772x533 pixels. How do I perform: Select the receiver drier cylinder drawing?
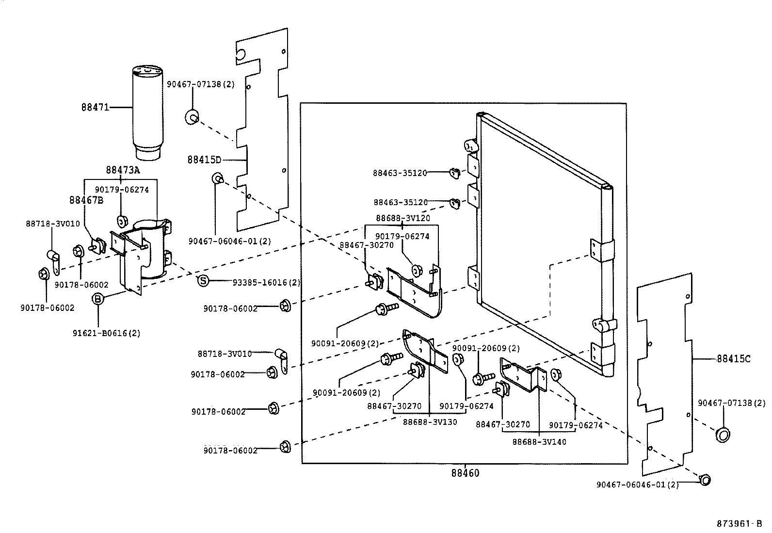146,112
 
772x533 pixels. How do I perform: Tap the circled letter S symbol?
203,281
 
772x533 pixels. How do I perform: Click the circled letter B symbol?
98,299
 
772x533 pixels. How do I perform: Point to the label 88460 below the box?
465,473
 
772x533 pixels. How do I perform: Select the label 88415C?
733,359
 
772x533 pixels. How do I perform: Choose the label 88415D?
204,160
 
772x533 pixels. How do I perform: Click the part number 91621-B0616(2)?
107,334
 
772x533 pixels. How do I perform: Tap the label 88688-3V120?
402,218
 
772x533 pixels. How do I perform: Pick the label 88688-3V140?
539,442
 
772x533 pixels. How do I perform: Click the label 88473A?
123,170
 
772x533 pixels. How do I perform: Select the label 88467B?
86,200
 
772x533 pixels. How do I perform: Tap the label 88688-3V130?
430,422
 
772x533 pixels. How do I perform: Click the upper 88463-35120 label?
400,173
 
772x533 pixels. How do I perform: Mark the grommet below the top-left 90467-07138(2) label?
192,117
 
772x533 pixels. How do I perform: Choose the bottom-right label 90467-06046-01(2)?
637,485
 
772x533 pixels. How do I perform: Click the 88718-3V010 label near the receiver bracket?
52,224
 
